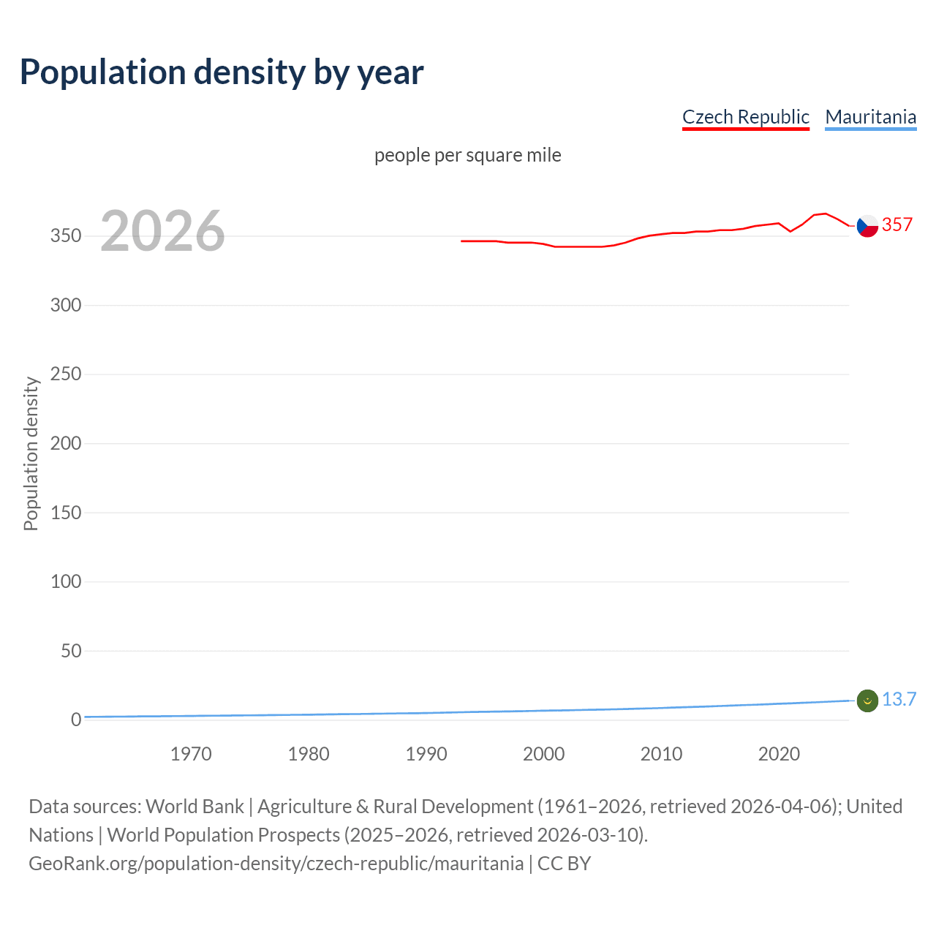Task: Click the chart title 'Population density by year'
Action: pyautogui.click(x=222, y=72)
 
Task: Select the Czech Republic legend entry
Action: pyautogui.click(x=745, y=117)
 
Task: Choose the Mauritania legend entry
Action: pyautogui.click(x=870, y=117)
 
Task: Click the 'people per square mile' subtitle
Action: pyautogui.click(x=467, y=155)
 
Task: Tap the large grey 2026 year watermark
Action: pyautogui.click(x=162, y=231)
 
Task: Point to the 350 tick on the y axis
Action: pyautogui.click(x=66, y=236)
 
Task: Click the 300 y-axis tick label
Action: pyautogui.click(x=66, y=305)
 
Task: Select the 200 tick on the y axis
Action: pyautogui.click(x=66, y=443)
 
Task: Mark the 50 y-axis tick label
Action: pyautogui.click(x=71, y=651)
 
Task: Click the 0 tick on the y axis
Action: pyautogui.click(x=76, y=720)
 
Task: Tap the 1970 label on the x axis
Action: pyautogui.click(x=191, y=754)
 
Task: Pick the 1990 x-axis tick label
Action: pyautogui.click(x=426, y=754)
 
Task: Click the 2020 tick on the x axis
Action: pyautogui.click(x=779, y=754)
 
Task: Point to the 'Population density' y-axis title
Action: pyautogui.click(x=31, y=453)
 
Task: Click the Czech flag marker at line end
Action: pyautogui.click(x=867, y=226)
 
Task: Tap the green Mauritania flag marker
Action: pyautogui.click(x=867, y=701)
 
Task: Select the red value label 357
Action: pyautogui.click(x=897, y=224)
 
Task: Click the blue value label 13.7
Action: pyautogui.click(x=899, y=700)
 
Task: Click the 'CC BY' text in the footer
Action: pyautogui.click(x=564, y=864)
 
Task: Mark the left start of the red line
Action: pyautogui.click(x=462, y=241)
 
